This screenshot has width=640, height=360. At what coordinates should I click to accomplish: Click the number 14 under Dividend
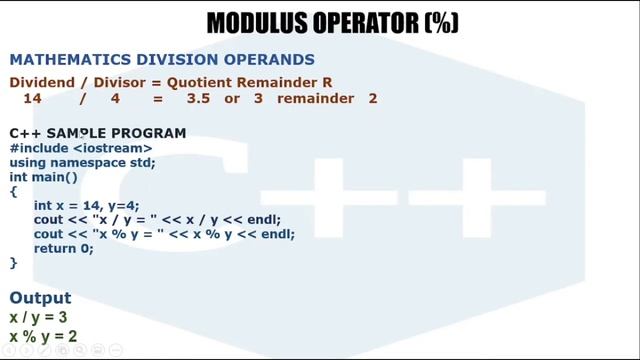click(x=33, y=98)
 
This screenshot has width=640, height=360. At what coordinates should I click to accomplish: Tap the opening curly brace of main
click(x=13, y=190)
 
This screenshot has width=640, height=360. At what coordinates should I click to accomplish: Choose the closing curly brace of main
click(x=13, y=262)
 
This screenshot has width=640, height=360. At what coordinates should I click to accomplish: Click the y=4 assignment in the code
click(x=126, y=205)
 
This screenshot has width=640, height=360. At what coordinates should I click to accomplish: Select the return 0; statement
click(x=63, y=248)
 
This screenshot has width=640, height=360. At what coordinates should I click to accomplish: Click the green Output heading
click(x=40, y=298)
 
